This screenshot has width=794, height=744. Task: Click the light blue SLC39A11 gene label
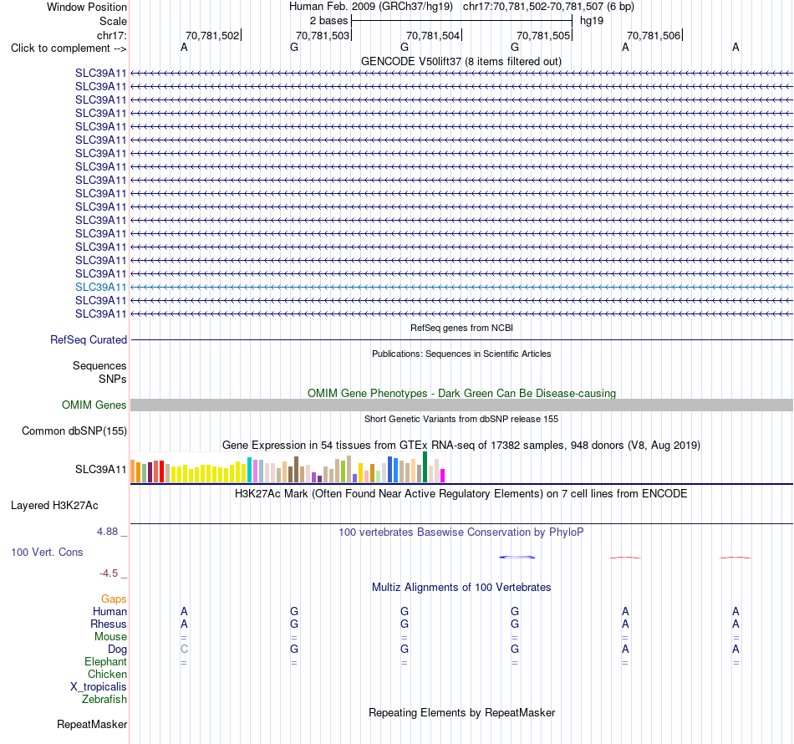[101, 288]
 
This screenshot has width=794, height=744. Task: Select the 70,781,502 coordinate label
[212, 35]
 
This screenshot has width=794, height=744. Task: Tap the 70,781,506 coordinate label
[654, 35]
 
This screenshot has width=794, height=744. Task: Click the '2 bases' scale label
[329, 21]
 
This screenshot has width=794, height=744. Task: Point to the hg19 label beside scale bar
[592, 21]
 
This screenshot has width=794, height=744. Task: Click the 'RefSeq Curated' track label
[89, 340]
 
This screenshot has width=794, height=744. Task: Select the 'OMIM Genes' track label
[94, 405]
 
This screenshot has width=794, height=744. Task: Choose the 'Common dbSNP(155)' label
[74, 431]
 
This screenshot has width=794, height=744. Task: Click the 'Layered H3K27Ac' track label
[54, 506]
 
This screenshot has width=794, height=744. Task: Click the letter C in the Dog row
[184, 649]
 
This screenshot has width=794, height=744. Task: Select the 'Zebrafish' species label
[104, 700]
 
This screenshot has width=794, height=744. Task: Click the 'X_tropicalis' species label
[99, 687]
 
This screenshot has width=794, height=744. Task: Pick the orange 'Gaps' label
[114, 599]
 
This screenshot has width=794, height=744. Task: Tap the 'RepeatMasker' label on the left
[92, 725]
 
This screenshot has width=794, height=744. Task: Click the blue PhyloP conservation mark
[517, 557]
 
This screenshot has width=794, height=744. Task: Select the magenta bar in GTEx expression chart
[443, 476]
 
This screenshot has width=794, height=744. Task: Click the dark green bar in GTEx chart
[425, 467]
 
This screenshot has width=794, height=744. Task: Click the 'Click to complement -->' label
[69, 48]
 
